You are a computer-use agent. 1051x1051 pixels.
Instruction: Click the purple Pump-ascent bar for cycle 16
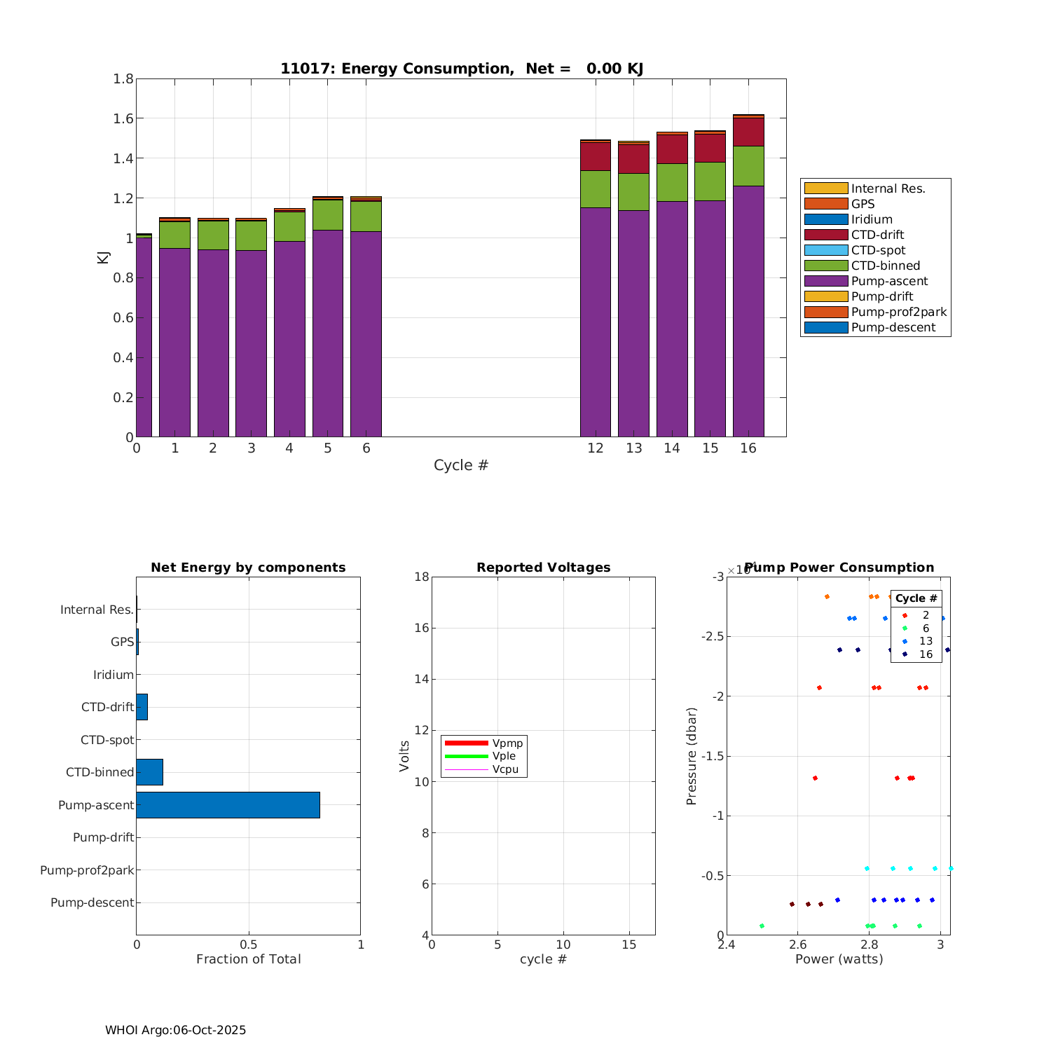coord(748,312)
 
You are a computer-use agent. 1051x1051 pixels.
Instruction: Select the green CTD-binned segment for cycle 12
coord(596,189)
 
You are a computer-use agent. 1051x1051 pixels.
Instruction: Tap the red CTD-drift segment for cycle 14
coord(672,149)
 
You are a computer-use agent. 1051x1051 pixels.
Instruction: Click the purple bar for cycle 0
coord(144,336)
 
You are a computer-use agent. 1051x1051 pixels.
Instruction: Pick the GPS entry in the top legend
coord(863,204)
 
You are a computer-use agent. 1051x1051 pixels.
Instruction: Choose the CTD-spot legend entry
coord(878,250)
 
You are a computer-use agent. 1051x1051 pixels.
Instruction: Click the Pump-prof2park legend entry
coord(898,312)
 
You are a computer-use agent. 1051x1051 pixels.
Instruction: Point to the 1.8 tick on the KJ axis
coord(123,78)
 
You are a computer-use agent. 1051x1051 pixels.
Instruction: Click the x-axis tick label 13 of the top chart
coord(633,448)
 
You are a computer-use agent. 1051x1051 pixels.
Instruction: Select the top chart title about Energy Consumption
coord(462,69)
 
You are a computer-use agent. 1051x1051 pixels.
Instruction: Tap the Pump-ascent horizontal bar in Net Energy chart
coord(228,805)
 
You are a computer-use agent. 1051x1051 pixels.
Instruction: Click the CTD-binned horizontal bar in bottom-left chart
coord(149,772)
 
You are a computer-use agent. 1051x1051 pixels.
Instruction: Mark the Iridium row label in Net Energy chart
coord(114,675)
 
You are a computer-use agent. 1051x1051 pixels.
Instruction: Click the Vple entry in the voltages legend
coord(504,756)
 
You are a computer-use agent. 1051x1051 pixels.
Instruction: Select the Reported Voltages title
coord(543,568)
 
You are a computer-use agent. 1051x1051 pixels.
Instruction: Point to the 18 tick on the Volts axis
coord(421,577)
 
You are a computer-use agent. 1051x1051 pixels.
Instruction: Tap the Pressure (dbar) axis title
coord(692,756)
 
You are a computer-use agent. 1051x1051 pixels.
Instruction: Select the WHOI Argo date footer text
coord(175,1030)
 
